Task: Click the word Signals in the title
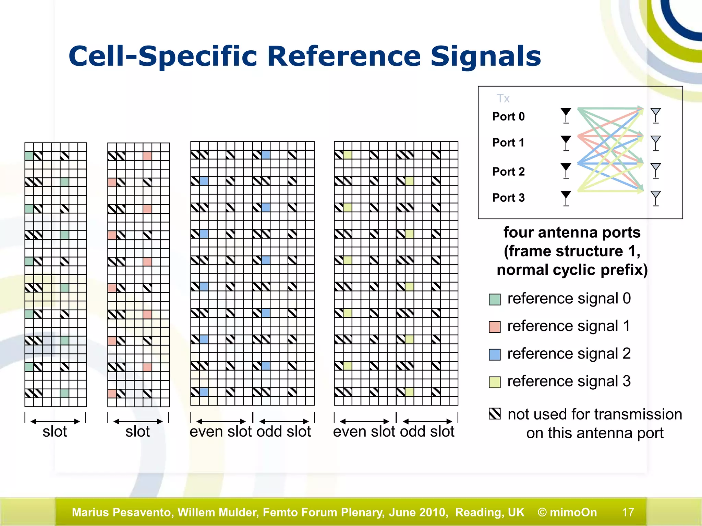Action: (x=485, y=56)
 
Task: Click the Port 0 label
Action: (x=508, y=116)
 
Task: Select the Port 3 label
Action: (x=508, y=198)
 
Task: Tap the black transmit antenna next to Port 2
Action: (x=566, y=170)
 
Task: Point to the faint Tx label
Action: (x=503, y=99)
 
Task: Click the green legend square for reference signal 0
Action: (x=495, y=299)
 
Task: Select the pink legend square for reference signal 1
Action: (x=495, y=327)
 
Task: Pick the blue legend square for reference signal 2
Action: (x=495, y=354)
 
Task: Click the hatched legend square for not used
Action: (x=495, y=414)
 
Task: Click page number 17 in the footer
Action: (x=628, y=512)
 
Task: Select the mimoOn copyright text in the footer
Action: (x=567, y=512)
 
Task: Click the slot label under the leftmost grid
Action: (x=55, y=431)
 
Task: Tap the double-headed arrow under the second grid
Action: (x=138, y=421)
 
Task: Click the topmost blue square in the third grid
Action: (x=266, y=155)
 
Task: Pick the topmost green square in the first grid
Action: (x=29, y=156)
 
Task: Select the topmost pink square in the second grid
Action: (x=147, y=156)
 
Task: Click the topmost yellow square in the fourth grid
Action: (x=348, y=155)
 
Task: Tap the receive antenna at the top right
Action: (x=655, y=115)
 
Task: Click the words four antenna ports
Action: (x=572, y=233)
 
